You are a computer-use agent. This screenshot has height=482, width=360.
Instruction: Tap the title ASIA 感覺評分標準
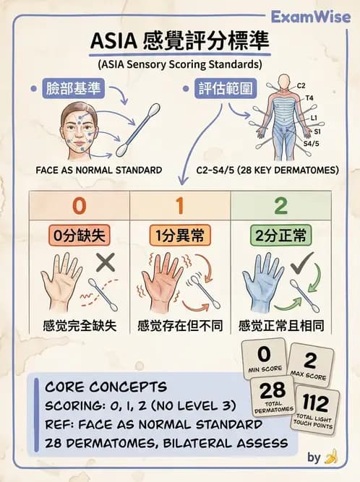179,42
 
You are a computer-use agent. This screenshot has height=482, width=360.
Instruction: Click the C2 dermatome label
301,85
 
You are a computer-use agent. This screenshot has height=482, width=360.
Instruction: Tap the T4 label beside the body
309,98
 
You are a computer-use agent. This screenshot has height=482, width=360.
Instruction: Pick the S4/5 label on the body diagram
311,144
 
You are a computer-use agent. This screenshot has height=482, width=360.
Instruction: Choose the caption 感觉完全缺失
79,324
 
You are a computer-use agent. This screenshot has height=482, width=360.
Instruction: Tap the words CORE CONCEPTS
106,387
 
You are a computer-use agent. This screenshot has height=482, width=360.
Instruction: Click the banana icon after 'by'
332,457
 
